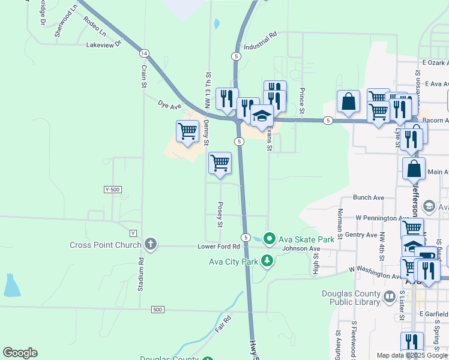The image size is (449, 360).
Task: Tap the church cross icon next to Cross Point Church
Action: [150, 244]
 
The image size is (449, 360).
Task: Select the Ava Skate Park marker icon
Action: [270, 239]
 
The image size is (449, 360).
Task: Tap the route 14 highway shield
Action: [145, 53]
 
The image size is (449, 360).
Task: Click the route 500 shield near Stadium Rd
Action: [157, 310]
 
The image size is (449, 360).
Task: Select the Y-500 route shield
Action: [113, 190]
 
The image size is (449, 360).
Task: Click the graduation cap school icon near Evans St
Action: [262, 115]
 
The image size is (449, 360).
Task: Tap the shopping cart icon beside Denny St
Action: [188, 130]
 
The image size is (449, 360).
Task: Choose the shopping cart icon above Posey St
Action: [220, 162]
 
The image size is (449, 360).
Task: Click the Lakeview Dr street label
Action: [104, 44]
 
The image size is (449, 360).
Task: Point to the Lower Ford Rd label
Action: [219, 247]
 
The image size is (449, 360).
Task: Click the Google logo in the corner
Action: [20, 353]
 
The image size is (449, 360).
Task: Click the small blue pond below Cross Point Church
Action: [11, 287]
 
